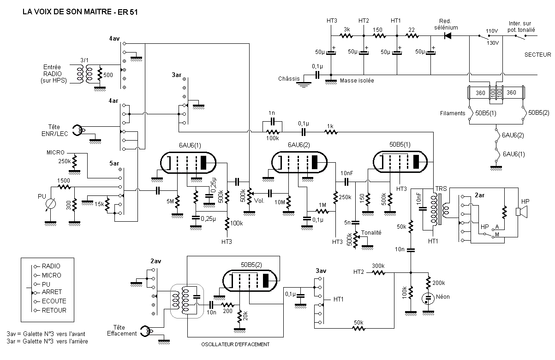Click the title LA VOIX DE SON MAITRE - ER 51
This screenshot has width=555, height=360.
click(x=80, y=12)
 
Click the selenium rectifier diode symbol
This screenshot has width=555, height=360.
click(x=448, y=36)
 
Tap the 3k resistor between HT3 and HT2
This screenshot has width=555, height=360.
click(x=346, y=36)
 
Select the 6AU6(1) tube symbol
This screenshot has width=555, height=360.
click(x=188, y=163)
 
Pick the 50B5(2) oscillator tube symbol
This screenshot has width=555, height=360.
click(x=250, y=281)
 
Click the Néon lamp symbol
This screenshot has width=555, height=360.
click(x=428, y=299)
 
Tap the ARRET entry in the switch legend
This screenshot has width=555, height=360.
click(x=52, y=292)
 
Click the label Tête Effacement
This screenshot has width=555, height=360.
click(x=122, y=330)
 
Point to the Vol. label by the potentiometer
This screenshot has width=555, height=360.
click(x=259, y=201)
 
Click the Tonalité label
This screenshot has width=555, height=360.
click(x=371, y=232)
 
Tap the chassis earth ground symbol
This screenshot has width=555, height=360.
click(x=303, y=84)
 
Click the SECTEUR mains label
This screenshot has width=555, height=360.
click(x=537, y=55)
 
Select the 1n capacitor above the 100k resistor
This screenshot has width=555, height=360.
click(x=272, y=121)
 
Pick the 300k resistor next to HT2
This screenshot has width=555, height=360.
click(x=378, y=273)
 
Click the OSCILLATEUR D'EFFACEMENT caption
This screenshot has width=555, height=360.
click(x=235, y=344)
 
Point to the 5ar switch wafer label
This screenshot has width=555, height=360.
click(x=114, y=164)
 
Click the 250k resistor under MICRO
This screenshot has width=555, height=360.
click(x=74, y=161)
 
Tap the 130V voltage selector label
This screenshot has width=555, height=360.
click(x=493, y=43)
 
